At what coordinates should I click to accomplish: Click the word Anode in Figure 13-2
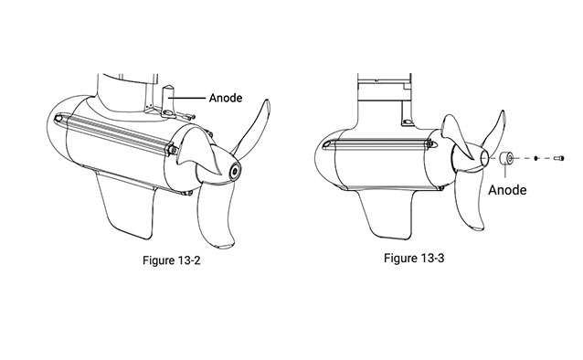pyautogui.click(x=225, y=97)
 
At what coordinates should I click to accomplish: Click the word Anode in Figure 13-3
pyautogui.click(x=509, y=190)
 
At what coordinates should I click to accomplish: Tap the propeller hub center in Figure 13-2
pyautogui.click(x=236, y=171)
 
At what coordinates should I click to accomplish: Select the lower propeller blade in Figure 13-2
pyautogui.click(x=220, y=219)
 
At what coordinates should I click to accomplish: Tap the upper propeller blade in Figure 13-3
pyautogui.click(x=491, y=128)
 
